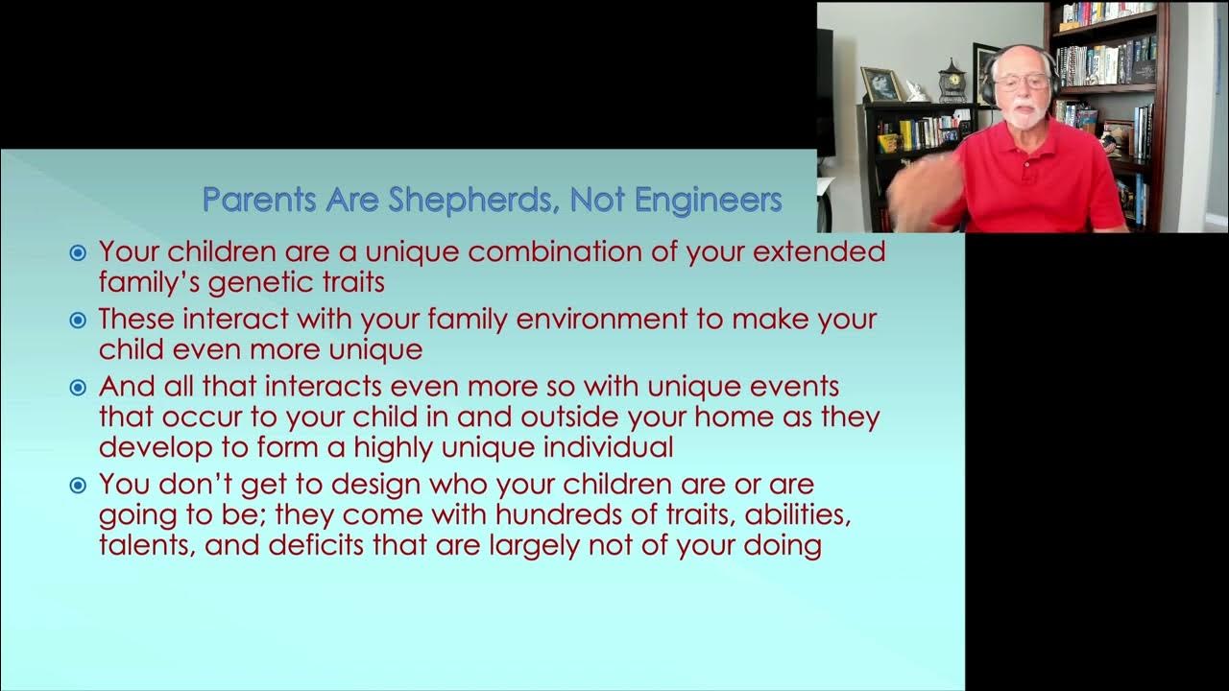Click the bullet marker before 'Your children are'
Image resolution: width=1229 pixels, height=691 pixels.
point(78,253)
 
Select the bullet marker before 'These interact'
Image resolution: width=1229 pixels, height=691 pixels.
point(78,321)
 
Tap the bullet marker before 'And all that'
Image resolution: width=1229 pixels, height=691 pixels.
point(78,388)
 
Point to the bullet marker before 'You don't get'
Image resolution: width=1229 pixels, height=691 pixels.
point(78,486)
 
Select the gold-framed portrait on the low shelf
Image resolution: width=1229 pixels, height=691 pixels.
point(880,84)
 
